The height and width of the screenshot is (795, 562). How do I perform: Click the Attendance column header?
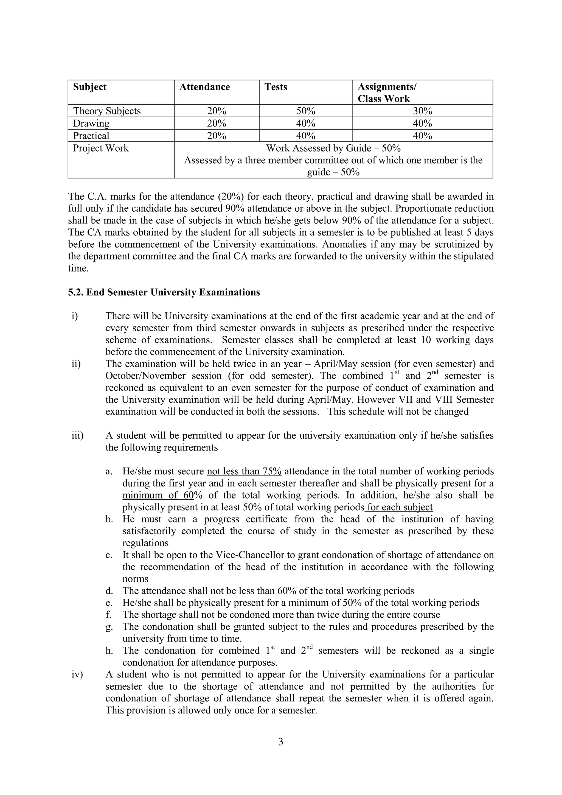pos(204,87)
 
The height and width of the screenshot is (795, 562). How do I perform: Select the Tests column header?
pos(276,87)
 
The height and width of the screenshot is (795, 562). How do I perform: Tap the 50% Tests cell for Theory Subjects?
pos(306,111)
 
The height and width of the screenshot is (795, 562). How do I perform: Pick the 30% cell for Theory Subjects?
pos(422,111)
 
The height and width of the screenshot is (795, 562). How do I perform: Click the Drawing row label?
pos(91,124)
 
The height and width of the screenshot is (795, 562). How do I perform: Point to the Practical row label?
pos(91,136)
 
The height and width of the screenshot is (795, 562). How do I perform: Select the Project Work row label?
pos(100,148)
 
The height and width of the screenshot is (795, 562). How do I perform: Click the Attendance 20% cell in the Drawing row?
pos(216,124)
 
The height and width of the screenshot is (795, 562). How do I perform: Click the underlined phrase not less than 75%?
pos(244,472)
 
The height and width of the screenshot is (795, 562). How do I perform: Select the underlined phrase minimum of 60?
pos(158,496)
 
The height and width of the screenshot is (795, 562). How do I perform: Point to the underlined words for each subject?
pos(399,508)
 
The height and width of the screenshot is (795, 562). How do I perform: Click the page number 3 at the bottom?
pos(281,742)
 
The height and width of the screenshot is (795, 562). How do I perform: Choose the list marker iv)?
pos(77,674)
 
